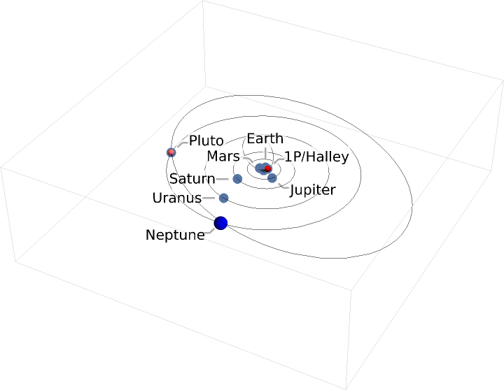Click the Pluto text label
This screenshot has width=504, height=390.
click(206, 141)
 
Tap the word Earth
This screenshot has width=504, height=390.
click(265, 138)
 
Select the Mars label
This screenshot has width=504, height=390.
click(223, 156)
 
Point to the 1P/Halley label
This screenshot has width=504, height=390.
click(316, 157)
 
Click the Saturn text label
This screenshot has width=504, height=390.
click(192, 179)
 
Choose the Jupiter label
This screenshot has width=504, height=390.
click(313, 190)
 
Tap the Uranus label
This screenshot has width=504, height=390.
click(176, 198)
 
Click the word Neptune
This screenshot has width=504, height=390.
click(175, 235)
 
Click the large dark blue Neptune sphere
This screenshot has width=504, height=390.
click(221, 223)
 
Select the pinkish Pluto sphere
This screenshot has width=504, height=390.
click(171, 152)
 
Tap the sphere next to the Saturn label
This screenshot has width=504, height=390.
click(237, 179)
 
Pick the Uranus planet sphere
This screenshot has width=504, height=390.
click(224, 198)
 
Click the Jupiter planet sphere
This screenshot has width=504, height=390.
click(272, 178)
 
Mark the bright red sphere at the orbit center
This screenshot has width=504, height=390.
click(267, 168)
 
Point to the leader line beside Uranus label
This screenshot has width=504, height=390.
click(209, 198)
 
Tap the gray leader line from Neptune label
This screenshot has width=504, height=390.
click(210, 231)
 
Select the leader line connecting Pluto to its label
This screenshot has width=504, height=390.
click(181, 145)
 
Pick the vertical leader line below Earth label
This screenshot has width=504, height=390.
click(265, 155)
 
